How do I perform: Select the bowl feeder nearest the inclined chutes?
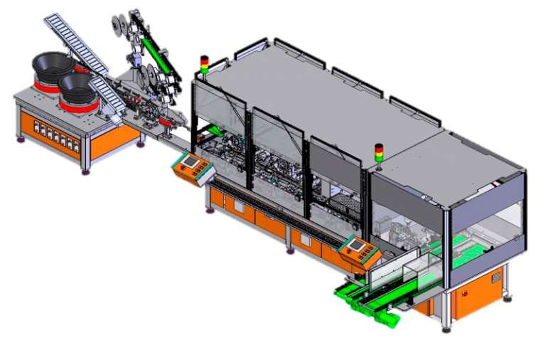click(77, 86)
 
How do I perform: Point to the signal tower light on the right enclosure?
click(378, 153)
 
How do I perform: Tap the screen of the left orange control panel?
click(188, 163)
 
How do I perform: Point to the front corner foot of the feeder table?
click(86, 171)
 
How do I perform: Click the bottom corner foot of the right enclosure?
click(446, 329)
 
